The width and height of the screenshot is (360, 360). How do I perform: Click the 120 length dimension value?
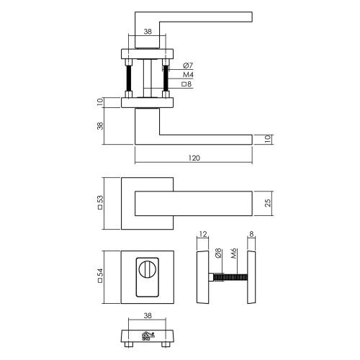pos(193,158)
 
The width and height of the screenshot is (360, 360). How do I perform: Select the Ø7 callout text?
pos(189,66)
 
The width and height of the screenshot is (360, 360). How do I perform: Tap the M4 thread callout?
pos(189,75)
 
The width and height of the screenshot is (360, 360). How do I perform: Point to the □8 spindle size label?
pos(188,84)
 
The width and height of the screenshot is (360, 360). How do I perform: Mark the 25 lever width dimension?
pos(268,202)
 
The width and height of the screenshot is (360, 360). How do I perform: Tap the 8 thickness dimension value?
pos(251,234)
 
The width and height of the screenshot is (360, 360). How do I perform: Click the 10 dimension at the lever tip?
pos(268,138)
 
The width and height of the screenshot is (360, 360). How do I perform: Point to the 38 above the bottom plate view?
pos(147,315)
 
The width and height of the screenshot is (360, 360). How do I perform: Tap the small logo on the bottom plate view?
pos(148,335)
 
